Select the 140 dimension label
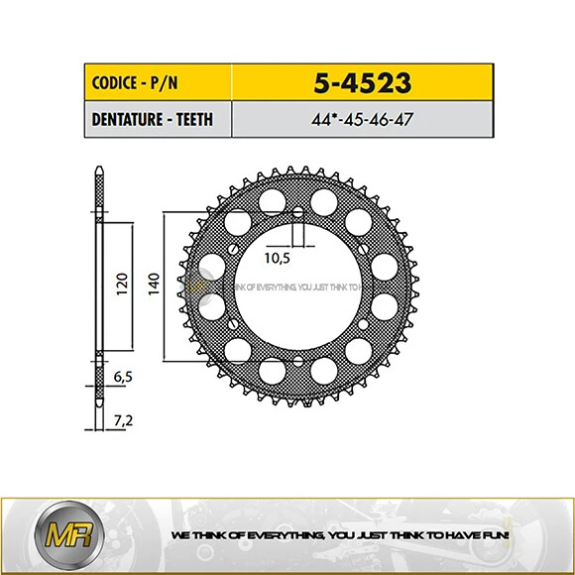(153, 285)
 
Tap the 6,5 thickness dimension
(123, 378)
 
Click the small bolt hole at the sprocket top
(297, 210)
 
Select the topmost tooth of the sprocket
(297, 169)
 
